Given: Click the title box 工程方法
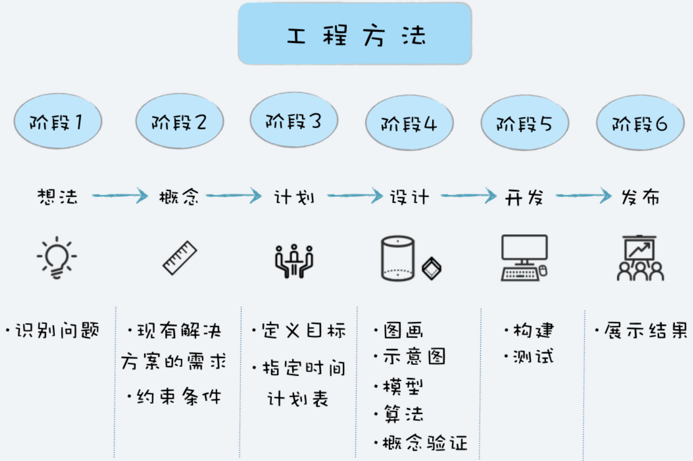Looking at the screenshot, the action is tap(355, 34).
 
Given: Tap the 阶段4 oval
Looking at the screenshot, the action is tap(409, 124).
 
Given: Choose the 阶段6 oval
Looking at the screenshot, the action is tap(640, 124).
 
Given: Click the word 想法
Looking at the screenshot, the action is tap(57, 197).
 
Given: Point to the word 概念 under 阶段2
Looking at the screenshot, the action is tap(179, 197).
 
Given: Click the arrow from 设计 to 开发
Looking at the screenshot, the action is tap(468, 197).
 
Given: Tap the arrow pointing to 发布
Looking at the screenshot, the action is tap(583, 197).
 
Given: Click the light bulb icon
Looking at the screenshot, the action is tap(56, 258).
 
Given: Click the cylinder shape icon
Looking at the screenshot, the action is tap(397, 259).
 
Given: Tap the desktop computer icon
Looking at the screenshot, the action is tap(524, 257).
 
